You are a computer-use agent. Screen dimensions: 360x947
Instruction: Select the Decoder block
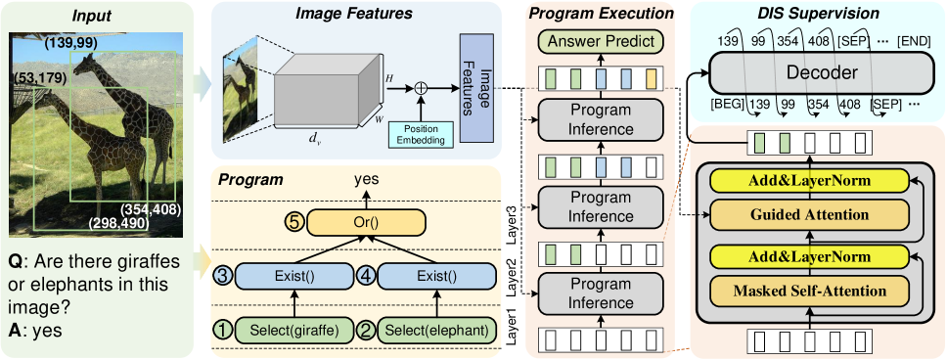[807, 73]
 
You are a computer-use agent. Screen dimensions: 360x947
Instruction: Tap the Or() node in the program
[368, 223]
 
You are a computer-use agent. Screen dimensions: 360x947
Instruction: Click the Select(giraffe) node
[294, 330]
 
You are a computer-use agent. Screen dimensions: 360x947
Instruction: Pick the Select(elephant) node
[435, 330]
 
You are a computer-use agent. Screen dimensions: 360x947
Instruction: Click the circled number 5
[293, 223]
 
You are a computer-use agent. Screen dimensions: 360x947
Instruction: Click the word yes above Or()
[368, 180]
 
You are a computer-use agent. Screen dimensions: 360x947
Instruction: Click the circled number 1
[225, 330]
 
